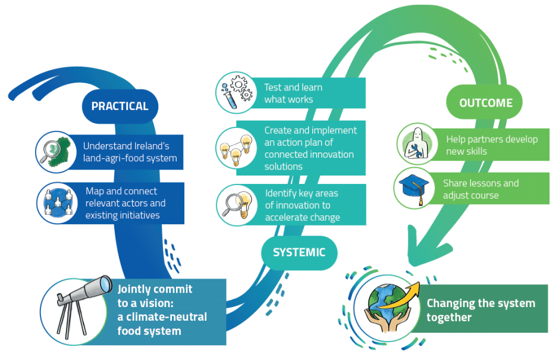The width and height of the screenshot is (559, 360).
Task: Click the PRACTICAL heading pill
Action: pyautogui.click(x=120, y=107)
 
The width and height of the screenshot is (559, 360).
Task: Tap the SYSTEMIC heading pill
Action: pyautogui.click(x=299, y=252)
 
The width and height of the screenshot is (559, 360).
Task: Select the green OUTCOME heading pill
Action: pyautogui.click(x=485, y=103)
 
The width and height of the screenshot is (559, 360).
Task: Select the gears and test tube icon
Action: pyautogui.click(x=236, y=93)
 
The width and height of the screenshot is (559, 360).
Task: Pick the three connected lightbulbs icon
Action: pyautogui.click(x=236, y=149)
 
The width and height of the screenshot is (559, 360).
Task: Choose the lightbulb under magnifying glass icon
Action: pyautogui.click(x=236, y=204)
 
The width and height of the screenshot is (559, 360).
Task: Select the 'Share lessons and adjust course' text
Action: pyautogui.click(x=481, y=189)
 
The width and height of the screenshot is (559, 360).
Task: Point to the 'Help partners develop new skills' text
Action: pyautogui.click(x=492, y=145)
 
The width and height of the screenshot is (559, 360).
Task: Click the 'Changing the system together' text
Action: pyautogui.click(x=481, y=310)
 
